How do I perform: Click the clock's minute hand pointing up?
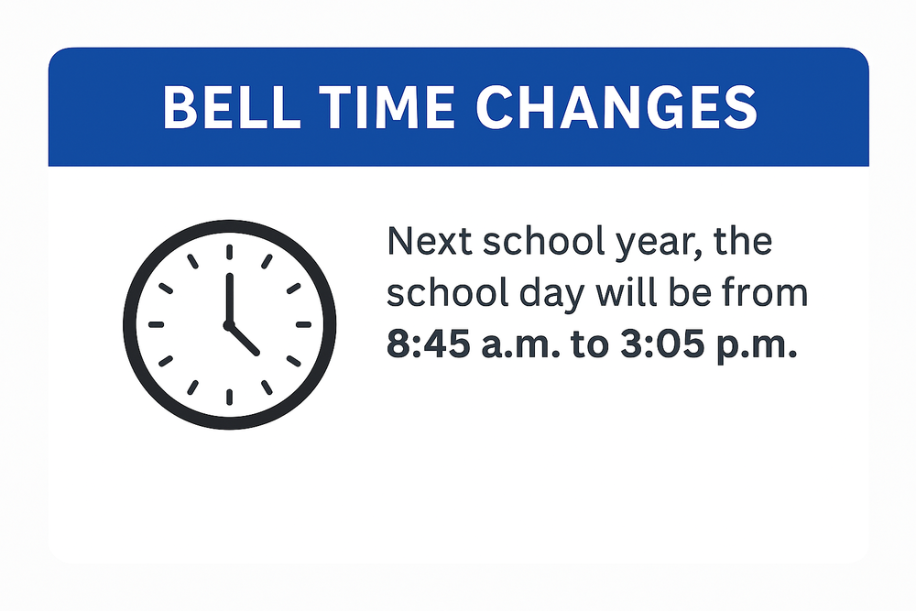click(228, 295)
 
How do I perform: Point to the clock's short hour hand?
click(245, 340)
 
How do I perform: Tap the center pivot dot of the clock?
click(228, 324)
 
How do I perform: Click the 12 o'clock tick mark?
click(228, 253)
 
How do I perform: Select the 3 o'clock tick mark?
click(302, 324)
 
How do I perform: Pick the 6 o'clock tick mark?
click(228, 397)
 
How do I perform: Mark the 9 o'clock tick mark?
click(156, 324)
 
